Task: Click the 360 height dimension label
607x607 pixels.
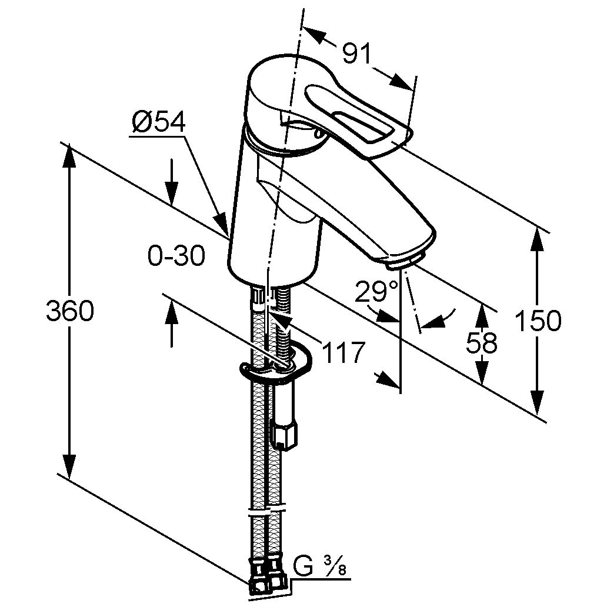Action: click(69, 311)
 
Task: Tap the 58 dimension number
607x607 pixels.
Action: click(481, 342)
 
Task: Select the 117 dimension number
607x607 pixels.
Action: click(343, 352)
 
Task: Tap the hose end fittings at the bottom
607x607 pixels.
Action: click(268, 580)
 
